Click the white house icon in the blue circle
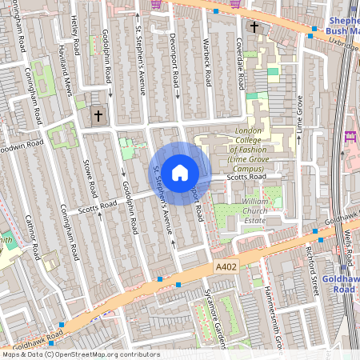coord(180,171)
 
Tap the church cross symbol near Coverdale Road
coord(254,27)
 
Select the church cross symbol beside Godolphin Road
coord(99,116)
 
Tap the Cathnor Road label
coord(33,236)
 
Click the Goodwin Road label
coord(20,146)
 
